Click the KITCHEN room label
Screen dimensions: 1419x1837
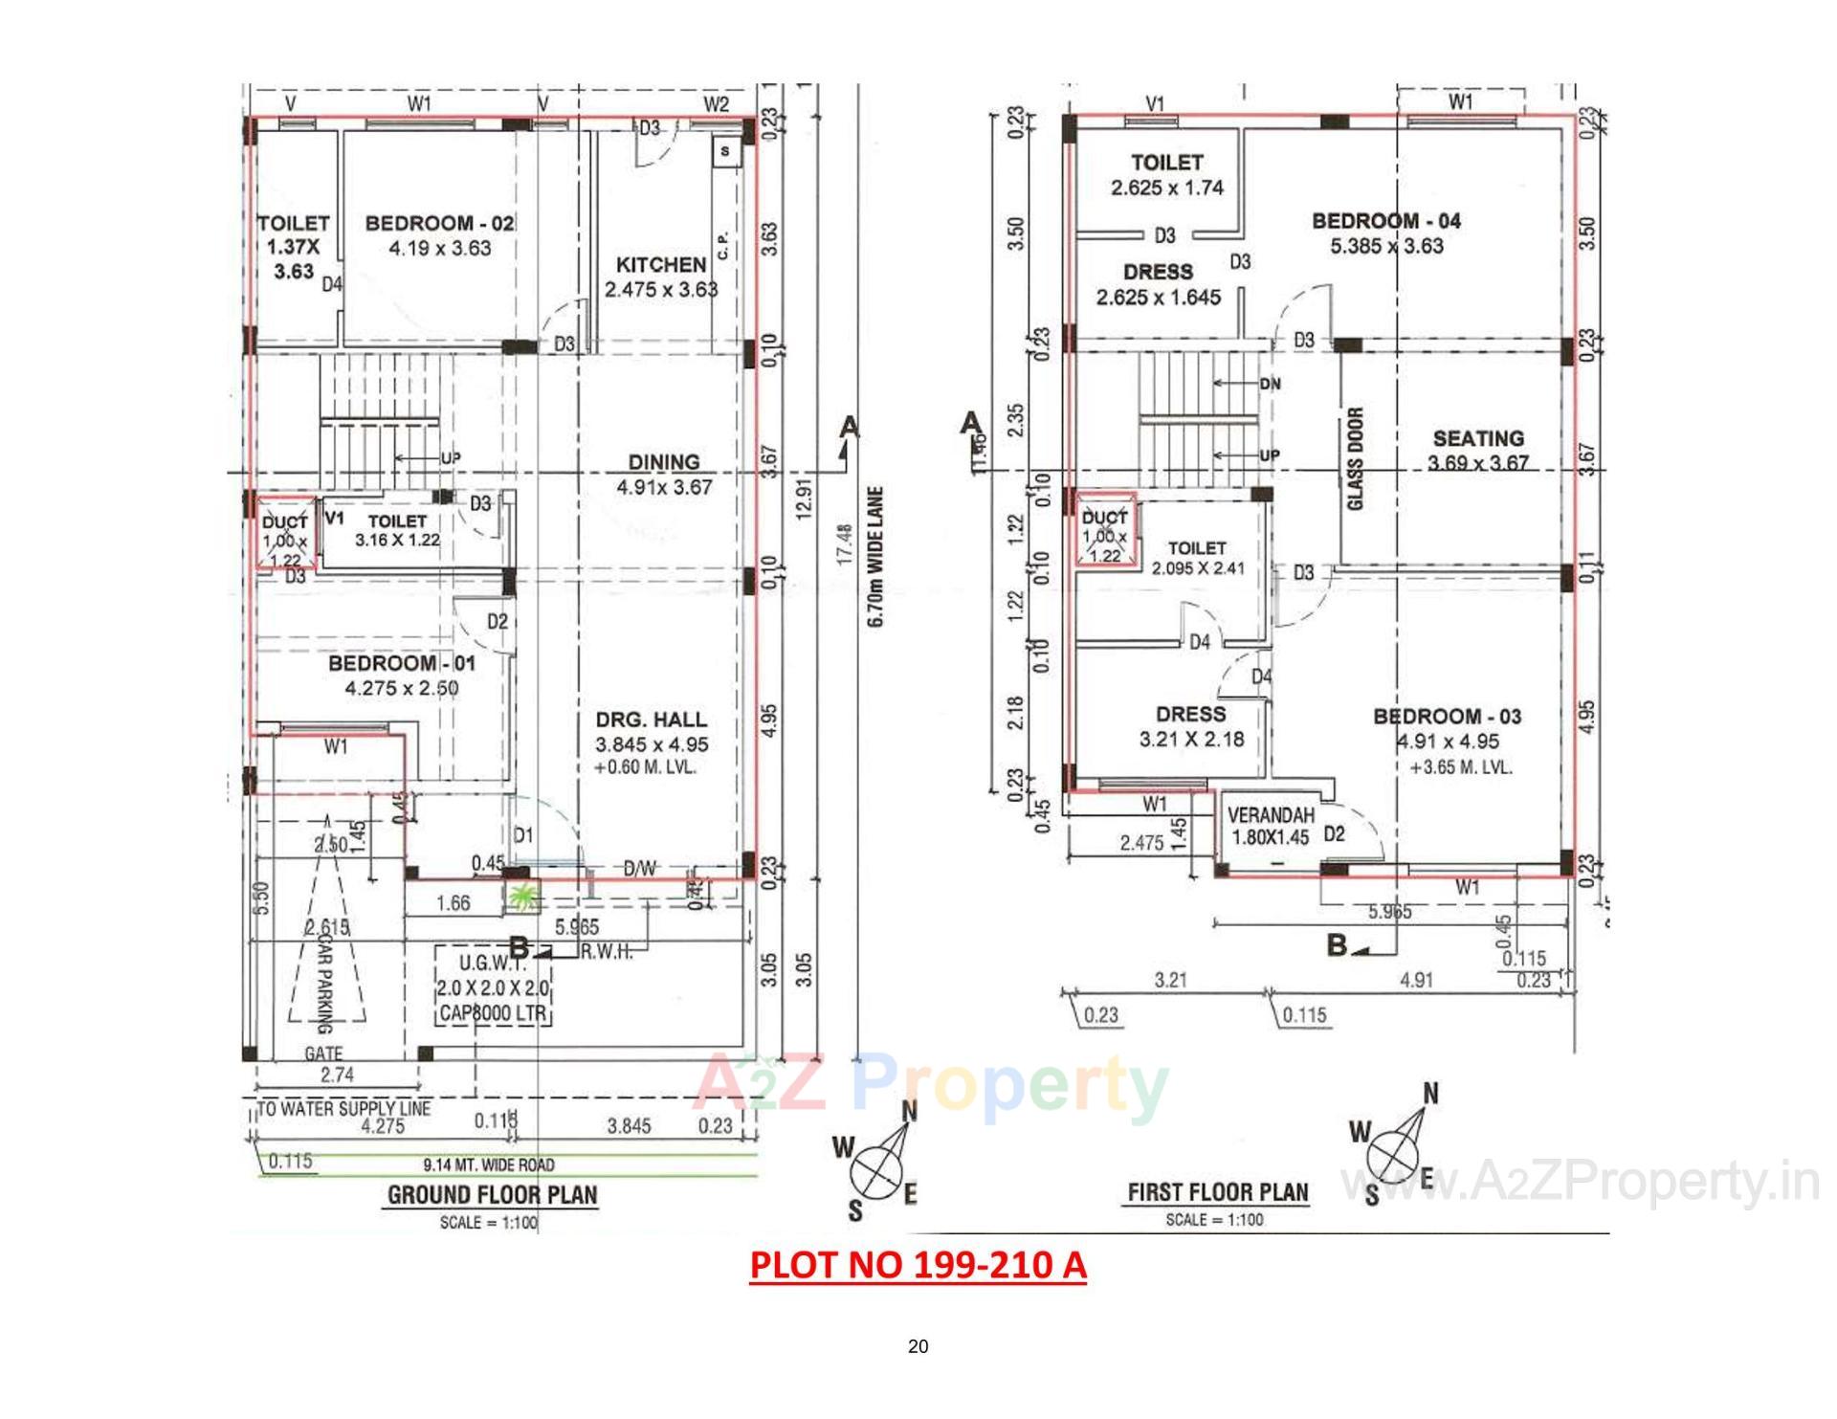coord(660,264)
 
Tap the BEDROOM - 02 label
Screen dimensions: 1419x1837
coord(439,224)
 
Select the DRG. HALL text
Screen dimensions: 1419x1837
coord(652,720)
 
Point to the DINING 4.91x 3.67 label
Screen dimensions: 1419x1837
coord(664,474)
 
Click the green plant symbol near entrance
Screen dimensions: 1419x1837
coord(522,898)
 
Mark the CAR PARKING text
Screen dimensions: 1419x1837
coord(322,981)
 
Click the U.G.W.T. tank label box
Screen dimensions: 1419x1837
coord(493,987)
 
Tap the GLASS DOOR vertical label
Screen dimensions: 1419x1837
coord(1355,458)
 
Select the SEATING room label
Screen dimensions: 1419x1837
coord(1477,439)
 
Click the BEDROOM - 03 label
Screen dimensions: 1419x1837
coord(1447,717)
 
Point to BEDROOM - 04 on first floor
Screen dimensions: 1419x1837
coord(1386,222)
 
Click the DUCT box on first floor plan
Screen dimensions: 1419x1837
coord(1105,532)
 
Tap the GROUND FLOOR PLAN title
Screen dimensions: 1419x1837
coord(492,1194)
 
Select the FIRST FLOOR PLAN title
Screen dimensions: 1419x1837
coord(1217,1192)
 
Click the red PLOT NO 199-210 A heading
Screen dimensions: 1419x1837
coord(918,1265)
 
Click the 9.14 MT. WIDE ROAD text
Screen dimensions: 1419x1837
coord(488,1164)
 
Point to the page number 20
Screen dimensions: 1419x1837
coord(918,1347)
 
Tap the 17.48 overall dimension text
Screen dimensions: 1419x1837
coord(844,544)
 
